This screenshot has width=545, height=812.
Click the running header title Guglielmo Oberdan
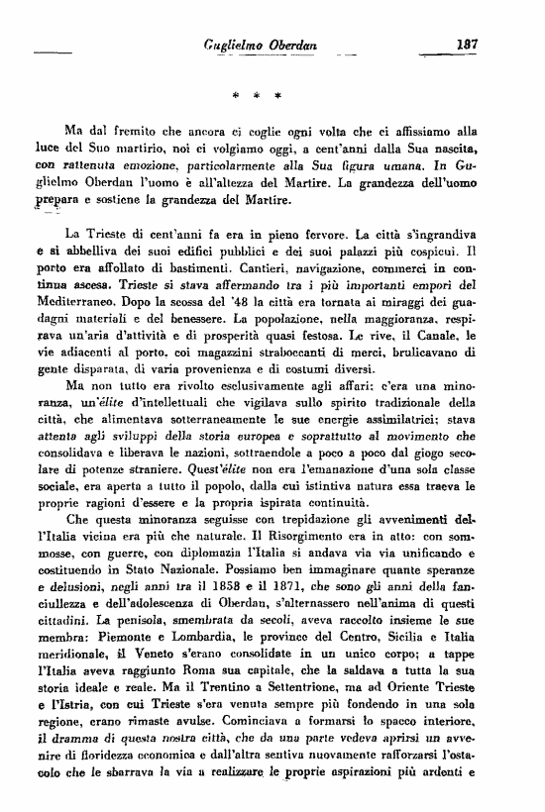coord(252,44)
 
